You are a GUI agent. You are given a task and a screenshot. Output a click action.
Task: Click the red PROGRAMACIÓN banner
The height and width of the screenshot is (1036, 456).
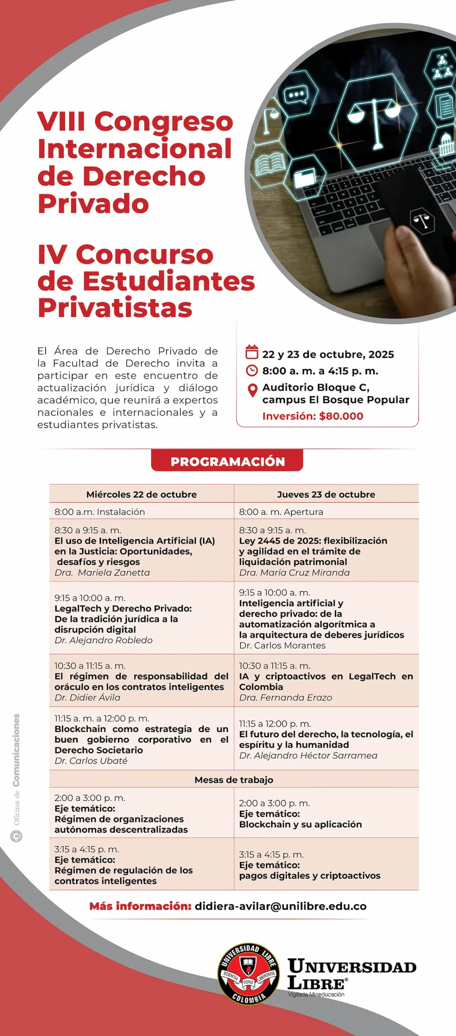227,461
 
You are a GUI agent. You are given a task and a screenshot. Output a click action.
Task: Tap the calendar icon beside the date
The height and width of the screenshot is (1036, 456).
252,352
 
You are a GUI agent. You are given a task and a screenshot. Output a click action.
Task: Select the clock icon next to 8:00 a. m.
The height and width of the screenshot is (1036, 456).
252,370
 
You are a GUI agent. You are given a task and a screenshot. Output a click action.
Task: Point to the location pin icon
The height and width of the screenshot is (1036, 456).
252,391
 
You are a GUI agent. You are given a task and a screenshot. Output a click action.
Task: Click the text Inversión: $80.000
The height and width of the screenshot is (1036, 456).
312,416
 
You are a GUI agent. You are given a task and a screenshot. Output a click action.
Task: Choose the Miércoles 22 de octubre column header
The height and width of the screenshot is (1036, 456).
141,494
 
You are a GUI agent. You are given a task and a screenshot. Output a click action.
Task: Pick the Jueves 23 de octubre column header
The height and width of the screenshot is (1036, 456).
326,494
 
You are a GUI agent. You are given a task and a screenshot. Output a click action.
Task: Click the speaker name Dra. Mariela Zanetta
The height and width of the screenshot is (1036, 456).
102,573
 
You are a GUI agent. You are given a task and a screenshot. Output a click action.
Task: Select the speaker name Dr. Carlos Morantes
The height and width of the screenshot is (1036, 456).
282,645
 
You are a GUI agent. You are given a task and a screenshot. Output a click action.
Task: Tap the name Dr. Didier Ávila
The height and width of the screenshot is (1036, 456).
87,697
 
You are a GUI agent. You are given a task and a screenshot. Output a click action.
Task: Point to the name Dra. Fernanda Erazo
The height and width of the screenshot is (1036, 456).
285,697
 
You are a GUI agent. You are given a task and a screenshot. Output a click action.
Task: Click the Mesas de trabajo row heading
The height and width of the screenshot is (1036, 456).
234,780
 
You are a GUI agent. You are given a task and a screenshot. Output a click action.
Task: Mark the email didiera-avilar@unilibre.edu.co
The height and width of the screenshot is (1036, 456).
281,906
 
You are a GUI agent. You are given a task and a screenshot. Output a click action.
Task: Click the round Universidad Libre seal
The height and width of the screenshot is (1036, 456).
249,974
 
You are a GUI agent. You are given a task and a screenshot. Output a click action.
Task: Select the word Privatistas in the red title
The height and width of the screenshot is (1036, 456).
115,308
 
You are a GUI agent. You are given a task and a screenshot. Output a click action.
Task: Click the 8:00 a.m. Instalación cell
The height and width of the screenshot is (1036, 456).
100,512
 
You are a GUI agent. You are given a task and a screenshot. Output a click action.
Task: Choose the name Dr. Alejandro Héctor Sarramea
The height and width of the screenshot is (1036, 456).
308,755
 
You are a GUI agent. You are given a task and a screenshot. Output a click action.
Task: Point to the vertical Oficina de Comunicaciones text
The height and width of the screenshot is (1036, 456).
16,769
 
